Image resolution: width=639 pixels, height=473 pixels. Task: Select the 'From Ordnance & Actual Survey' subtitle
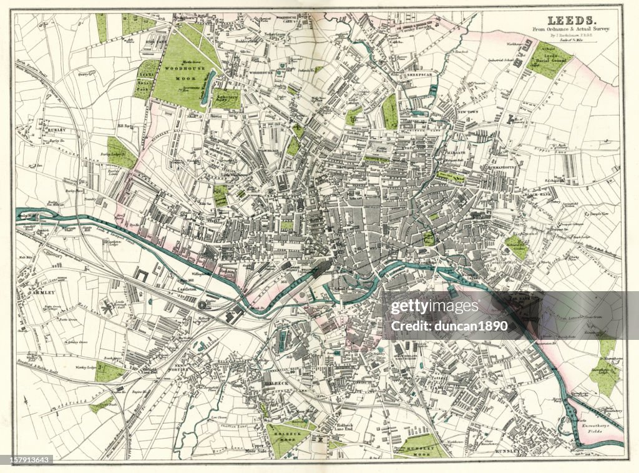coord(571,30)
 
